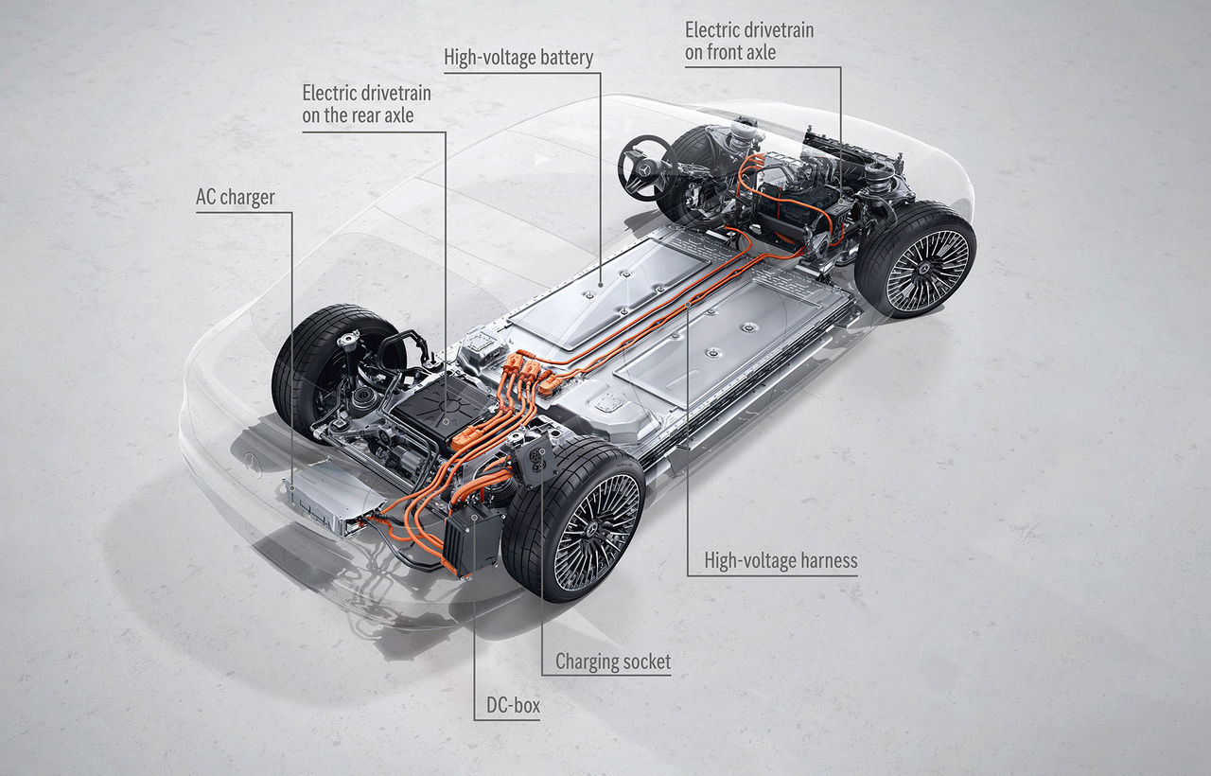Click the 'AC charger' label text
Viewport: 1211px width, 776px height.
[x=236, y=198]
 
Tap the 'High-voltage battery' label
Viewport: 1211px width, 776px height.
[x=518, y=58]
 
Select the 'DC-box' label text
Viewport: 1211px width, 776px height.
[x=513, y=705]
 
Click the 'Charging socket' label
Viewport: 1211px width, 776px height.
[x=613, y=661]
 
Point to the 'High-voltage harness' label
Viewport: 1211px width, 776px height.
[x=781, y=561]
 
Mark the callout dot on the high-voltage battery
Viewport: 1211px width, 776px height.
[x=601, y=284]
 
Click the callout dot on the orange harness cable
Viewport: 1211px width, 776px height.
[x=688, y=305]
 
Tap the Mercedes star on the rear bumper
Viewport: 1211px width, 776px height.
[x=253, y=464]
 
